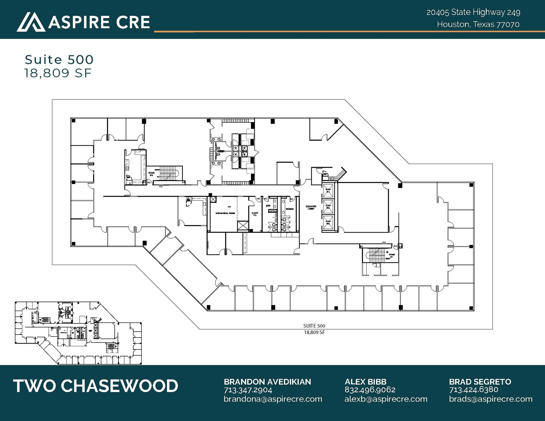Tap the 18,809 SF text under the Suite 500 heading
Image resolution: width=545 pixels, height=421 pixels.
pyautogui.click(x=58, y=73)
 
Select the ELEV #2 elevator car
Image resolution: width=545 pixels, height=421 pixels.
pyautogui.click(x=328, y=207)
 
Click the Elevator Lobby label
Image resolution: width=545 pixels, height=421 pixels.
pyautogui.click(x=311, y=207)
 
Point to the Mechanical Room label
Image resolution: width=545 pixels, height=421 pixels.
pyautogui.click(x=225, y=213)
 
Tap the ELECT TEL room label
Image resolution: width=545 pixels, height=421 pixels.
pyautogui.click(x=255, y=214)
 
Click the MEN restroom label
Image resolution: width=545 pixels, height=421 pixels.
pyautogui.click(x=268, y=206)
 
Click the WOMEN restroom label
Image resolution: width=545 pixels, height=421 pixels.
pyautogui.click(x=290, y=209)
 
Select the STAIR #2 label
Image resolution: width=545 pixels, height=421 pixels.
pyautogui.click(x=151, y=174)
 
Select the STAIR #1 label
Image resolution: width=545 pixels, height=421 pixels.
pyautogui.click(x=392, y=256)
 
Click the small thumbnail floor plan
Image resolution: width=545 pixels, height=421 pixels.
pyautogui.click(x=78, y=333)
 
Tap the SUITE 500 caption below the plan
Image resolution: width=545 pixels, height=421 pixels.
pyautogui.click(x=314, y=326)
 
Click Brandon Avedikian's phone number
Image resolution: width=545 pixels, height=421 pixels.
pyautogui.click(x=248, y=390)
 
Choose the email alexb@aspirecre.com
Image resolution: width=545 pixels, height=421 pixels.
pyautogui.click(x=386, y=399)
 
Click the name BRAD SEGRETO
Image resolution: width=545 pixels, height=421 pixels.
pyautogui.click(x=480, y=382)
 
